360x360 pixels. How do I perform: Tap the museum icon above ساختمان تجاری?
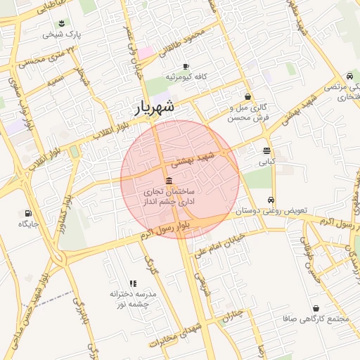(169, 183)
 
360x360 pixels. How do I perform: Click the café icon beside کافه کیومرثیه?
(186, 67)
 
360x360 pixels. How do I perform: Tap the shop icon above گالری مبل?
(247, 96)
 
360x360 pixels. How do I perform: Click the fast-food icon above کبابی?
(267, 150)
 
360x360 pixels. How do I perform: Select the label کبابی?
(267, 162)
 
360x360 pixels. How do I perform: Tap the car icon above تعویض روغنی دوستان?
(270, 199)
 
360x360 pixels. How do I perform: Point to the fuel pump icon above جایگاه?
(28, 213)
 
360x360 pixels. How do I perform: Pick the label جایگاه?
(28, 224)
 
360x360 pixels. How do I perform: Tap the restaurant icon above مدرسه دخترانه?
(134, 283)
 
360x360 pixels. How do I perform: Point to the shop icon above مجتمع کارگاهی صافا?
(315, 308)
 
